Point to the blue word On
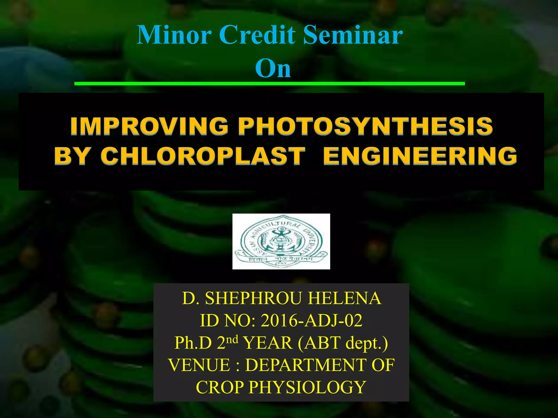pos(273,68)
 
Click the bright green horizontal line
pos(269,84)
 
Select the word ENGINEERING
pos(420,156)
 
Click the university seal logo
pos(281,241)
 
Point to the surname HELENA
pos(345,298)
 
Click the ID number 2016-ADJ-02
pos(311,321)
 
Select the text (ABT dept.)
pos(343,343)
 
